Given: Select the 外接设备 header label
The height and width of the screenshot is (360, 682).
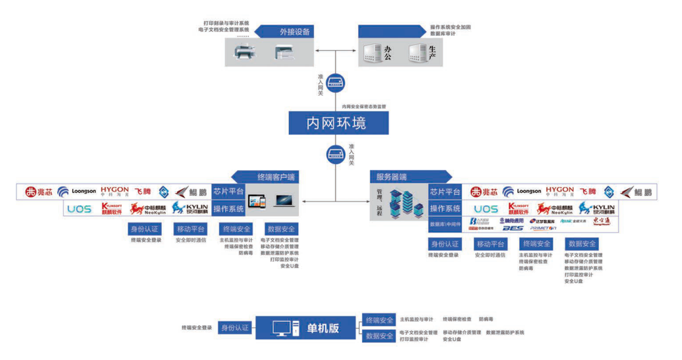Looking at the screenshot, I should pyautogui.click(x=294, y=32).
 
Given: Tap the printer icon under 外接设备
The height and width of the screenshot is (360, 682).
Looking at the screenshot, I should pyautogui.click(x=246, y=52).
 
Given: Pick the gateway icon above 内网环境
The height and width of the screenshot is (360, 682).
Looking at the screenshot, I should pyautogui.click(x=336, y=84).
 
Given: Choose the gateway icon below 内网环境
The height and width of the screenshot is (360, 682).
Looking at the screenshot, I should pyautogui.click(x=336, y=155).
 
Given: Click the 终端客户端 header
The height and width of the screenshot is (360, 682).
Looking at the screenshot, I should pyautogui.click(x=274, y=177).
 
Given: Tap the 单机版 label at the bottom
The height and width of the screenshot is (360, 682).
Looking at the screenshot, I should pyautogui.click(x=323, y=328).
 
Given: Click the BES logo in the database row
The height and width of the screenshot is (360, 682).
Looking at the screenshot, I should pyautogui.click(x=512, y=229).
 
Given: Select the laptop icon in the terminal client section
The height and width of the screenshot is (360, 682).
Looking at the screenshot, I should pyautogui.click(x=284, y=201).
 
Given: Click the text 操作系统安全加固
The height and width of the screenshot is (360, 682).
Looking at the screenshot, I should pyautogui.click(x=450, y=27).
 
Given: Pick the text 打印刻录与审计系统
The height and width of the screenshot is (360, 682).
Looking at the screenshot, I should pyautogui.click(x=226, y=23).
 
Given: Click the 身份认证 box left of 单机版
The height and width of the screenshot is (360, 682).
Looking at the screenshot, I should pyautogui.click(x=235, y=328).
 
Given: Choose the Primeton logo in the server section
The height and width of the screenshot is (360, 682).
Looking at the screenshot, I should pyautogui.click(x=543, y=229).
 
